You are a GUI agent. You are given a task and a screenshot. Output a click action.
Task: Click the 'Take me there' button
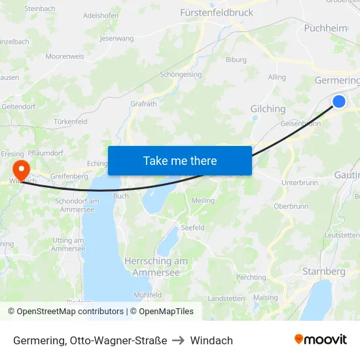pyautogui.click(x=180, y=160)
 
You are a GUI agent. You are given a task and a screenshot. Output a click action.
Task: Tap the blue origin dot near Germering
pyautogui.click(x=339, y=101)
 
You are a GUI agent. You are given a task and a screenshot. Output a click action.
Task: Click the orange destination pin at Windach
pyautogui.click(x=21, y=170)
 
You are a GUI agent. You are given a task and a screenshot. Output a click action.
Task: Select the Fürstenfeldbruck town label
pyautogui.click(x=216, y=12)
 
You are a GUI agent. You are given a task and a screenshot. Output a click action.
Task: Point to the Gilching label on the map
pyautogui.click(x=268, y=109)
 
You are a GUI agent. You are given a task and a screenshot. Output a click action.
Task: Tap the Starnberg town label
pyautogui.click(x=323, y=271)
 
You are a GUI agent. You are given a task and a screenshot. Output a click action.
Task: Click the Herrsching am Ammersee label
pyautogui.click(x=156, y=266)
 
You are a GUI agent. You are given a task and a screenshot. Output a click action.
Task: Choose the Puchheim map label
pyautogui.click(x=325, y=27)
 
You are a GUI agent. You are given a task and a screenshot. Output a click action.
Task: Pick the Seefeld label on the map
pyautogui.click(x=193, y=228)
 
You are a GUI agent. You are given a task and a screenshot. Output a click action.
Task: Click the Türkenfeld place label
pyautogui.click(x=71, y=122)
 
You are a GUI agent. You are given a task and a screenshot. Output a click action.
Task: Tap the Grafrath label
pyautogui.click(x=143, y=103)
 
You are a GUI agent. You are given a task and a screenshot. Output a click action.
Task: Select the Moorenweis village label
pyautogui.click(x=65, y=56)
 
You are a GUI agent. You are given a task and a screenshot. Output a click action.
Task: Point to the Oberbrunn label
pyautogui.click(x=291, y=206)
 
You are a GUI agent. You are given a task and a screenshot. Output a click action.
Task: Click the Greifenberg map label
pyautogui.click(x=68, y=176)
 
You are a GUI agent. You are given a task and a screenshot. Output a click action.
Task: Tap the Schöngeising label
pyautogui.click(x=181, y=75)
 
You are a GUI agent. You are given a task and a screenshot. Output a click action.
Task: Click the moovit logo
pyautogui.click(x=321, y=339)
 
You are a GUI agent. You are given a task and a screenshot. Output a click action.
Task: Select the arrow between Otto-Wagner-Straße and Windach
pyautogui.click(x=179, y=340)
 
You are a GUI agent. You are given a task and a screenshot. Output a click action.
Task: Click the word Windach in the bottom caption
pyautogui.click(x=211, y=340)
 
